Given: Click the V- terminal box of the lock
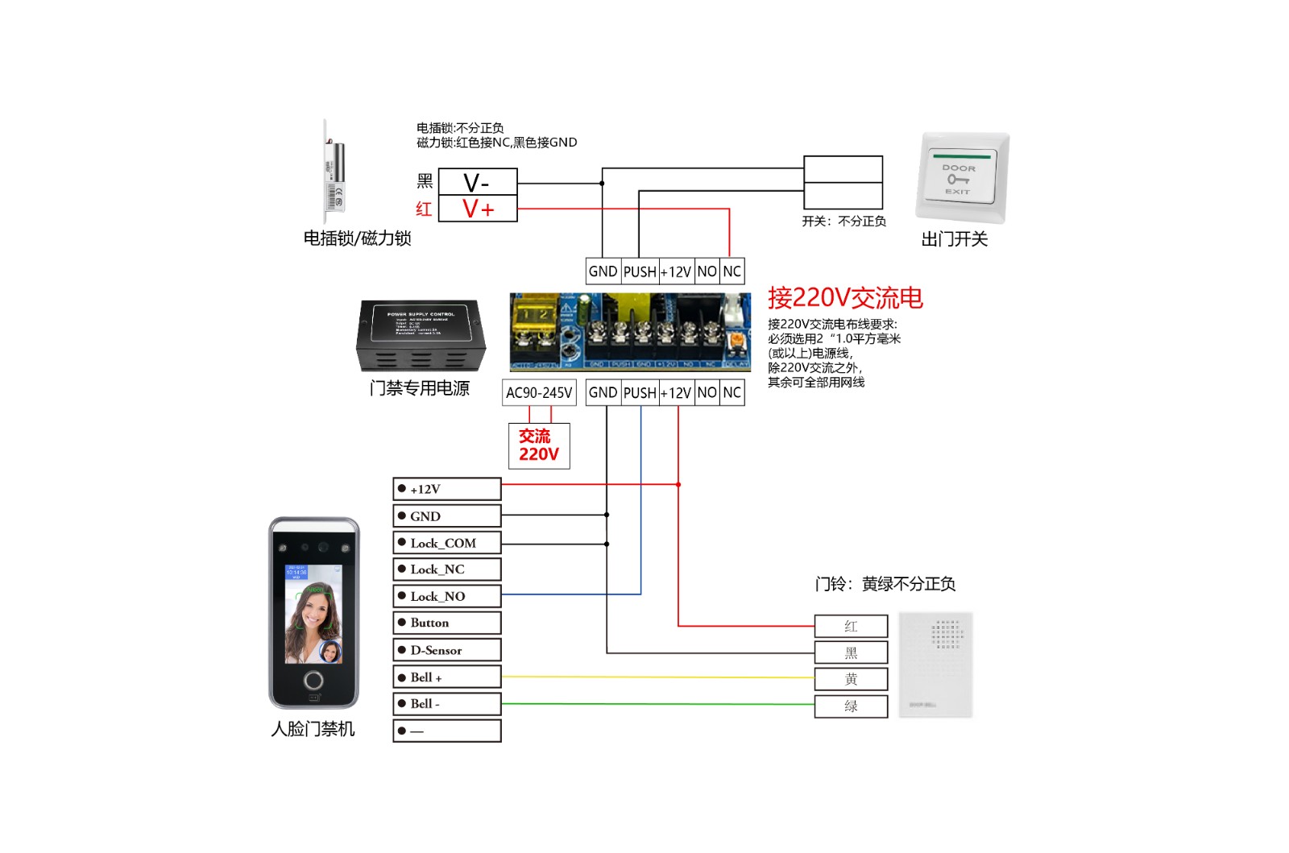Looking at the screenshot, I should [x=477, y=183].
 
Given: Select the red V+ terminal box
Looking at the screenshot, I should [x=477, y=209].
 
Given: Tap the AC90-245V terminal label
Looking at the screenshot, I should [x=539, y=393].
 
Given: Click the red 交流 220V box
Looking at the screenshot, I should [x=539, y=445].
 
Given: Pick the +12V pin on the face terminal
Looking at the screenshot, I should [x=447, y=489].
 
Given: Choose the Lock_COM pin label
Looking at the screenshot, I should [x=447, y=543].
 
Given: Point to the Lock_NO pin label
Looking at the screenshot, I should [x=447, y=596].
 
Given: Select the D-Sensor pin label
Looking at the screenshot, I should [x=447, y=650].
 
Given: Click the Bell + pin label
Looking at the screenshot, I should [x=447, y=677].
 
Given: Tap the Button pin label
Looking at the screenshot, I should [x=447, y=623].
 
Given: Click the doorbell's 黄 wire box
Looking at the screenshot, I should [x=851, y=679].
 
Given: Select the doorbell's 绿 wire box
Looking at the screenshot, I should [x=851, y=706].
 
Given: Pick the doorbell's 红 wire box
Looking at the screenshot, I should [x=851, y=626].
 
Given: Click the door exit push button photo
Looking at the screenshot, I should [x=962, y=178].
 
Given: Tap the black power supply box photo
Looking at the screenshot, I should [x=421, y=336].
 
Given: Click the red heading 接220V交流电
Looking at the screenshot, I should [x=844, y=298].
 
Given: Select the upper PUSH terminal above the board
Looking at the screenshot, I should [x=640, y=271].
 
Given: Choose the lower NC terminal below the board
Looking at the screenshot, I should [x=732, y=393].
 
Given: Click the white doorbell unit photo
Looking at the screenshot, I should [x=935, y=665].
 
